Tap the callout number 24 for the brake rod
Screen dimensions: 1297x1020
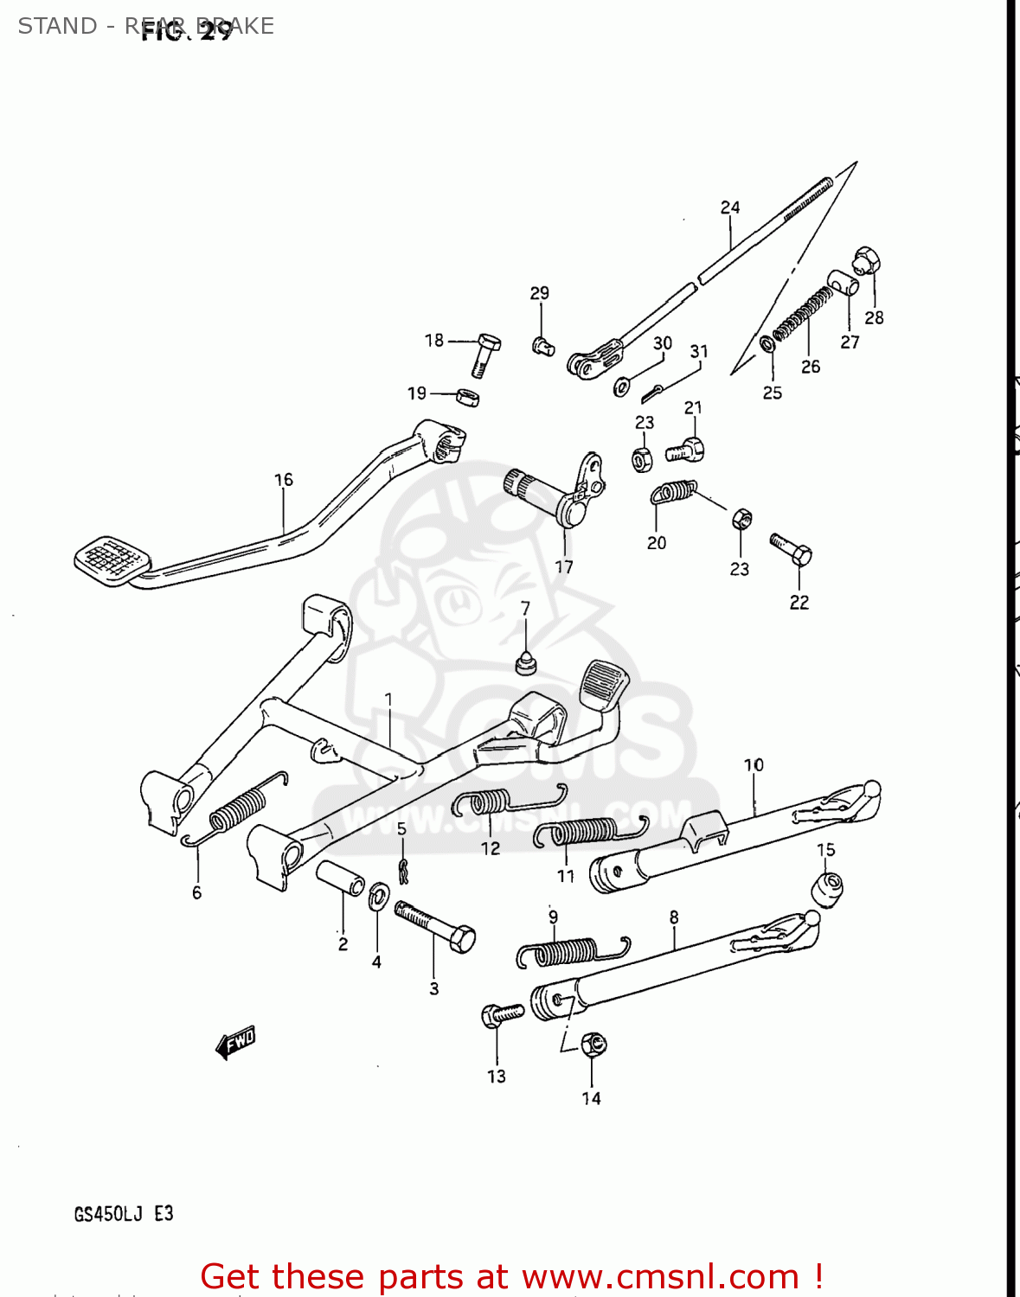730,208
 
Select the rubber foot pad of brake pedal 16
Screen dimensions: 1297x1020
109,559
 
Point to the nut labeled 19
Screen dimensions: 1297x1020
467,397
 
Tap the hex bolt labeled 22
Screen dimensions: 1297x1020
791,548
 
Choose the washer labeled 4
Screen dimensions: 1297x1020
378,897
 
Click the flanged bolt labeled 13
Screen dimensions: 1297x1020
501,1014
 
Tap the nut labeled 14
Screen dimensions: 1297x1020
593,1044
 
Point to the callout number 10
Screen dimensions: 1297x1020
754,765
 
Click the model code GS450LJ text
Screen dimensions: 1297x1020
108,1214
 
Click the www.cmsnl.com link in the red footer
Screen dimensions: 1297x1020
660,1277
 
